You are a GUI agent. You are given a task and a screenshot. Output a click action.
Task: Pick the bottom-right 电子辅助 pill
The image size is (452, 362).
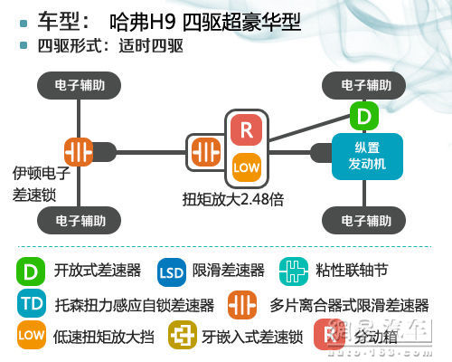(x=366, y=219)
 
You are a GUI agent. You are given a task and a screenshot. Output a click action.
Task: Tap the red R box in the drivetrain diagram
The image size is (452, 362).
(x=247, y=129)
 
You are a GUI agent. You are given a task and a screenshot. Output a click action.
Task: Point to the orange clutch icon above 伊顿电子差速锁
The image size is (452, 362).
(x=80, y=150)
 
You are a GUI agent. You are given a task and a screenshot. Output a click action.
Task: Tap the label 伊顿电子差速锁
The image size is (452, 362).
(x=39, y=183)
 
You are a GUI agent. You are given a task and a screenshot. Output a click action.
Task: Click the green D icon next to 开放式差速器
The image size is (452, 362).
(x=31, y=270)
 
